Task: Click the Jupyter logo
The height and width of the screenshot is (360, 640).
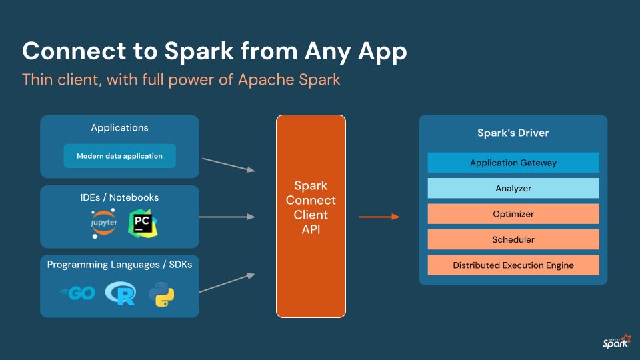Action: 104,223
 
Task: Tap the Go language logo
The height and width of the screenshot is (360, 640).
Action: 77,293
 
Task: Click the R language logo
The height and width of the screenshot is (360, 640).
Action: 121,293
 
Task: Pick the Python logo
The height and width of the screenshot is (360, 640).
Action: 162,294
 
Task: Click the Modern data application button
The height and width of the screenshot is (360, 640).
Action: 119,156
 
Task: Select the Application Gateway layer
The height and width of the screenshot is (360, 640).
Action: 513,163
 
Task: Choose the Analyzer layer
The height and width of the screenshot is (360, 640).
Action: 513,189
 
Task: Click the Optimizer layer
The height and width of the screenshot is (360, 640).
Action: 513,214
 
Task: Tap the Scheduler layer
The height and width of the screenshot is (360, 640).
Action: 513,239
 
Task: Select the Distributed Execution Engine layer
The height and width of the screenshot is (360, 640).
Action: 513,265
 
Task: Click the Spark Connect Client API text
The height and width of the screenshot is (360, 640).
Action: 311,207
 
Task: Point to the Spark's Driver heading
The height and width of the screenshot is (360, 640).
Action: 513,133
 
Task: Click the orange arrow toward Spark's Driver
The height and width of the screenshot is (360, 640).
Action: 379,217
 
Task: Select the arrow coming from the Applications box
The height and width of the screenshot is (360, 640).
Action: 228,165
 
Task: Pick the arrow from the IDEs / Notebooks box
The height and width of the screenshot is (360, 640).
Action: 227,217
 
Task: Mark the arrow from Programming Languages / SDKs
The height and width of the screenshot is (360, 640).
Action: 227,282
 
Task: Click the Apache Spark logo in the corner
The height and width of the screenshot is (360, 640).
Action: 615,342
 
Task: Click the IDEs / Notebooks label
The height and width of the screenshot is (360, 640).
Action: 119,197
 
